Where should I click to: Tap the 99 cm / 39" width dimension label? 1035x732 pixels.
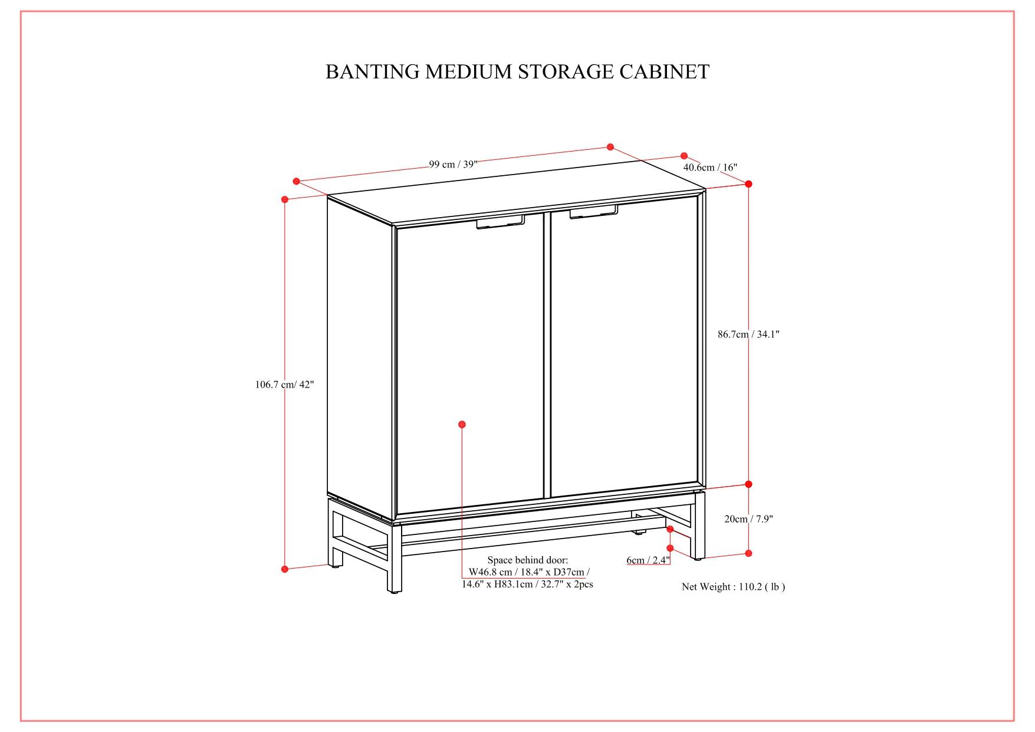click(453, 165)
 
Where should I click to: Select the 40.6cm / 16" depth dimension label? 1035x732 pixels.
click(710, 168)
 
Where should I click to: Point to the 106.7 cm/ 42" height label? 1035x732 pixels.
click(284, 385)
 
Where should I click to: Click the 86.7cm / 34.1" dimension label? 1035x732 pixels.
click(748, 334)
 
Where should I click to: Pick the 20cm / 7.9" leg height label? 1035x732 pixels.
click(748, 519)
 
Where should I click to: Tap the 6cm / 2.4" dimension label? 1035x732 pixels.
click(648, 560)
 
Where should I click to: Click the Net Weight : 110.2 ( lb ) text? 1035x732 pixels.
click(733, 587)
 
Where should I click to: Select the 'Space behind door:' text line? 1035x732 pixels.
click(527, 560)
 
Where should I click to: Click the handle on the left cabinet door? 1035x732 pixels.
click(500, 222)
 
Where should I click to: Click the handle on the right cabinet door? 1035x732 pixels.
click(593, 212)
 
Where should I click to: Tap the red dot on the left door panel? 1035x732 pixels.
click(462, 424)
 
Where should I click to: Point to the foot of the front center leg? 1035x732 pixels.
click(393, 589)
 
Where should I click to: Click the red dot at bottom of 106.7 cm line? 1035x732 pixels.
click(285, 569)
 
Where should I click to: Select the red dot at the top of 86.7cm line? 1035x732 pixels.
click(748, 184)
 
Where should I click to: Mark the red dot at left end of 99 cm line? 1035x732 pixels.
click(297, 182)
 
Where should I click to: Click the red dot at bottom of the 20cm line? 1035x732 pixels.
click(748, 553)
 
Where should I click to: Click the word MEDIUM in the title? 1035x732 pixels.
click(469, 72)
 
